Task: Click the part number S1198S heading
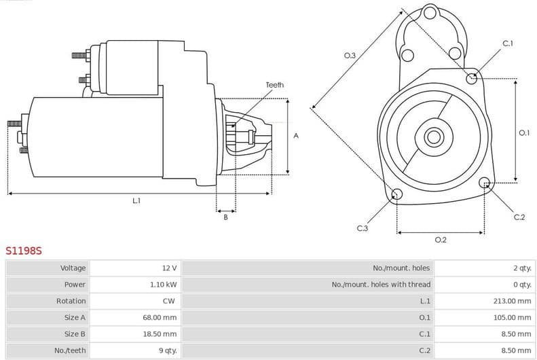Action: [24, 251]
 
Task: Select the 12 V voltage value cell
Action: [168, 268]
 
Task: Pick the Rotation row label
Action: [71, 301]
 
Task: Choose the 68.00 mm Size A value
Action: [161, 317]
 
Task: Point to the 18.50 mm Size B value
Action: [161, 334]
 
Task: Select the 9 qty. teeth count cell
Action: [166, 350]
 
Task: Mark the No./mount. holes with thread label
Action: [381, 285]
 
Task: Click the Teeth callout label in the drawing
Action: [274, 85]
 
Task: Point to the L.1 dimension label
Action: [136, 201]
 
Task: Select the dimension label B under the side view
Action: [225, 217]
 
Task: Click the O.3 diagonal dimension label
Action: [350, 56]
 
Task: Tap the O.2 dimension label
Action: [440, 240]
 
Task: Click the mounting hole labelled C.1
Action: [472, 78]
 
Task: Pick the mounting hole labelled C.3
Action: [397, 196]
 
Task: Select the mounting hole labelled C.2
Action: [484, 183]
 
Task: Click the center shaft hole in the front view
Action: [433, 137]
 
